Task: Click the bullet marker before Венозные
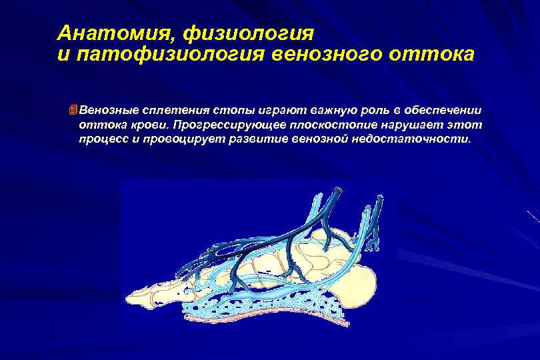click(x=73, y=109)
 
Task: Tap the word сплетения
click(x=177, y=109)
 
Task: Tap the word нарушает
click(x=420, y=125)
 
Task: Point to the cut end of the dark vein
click(x=338, y=191)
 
